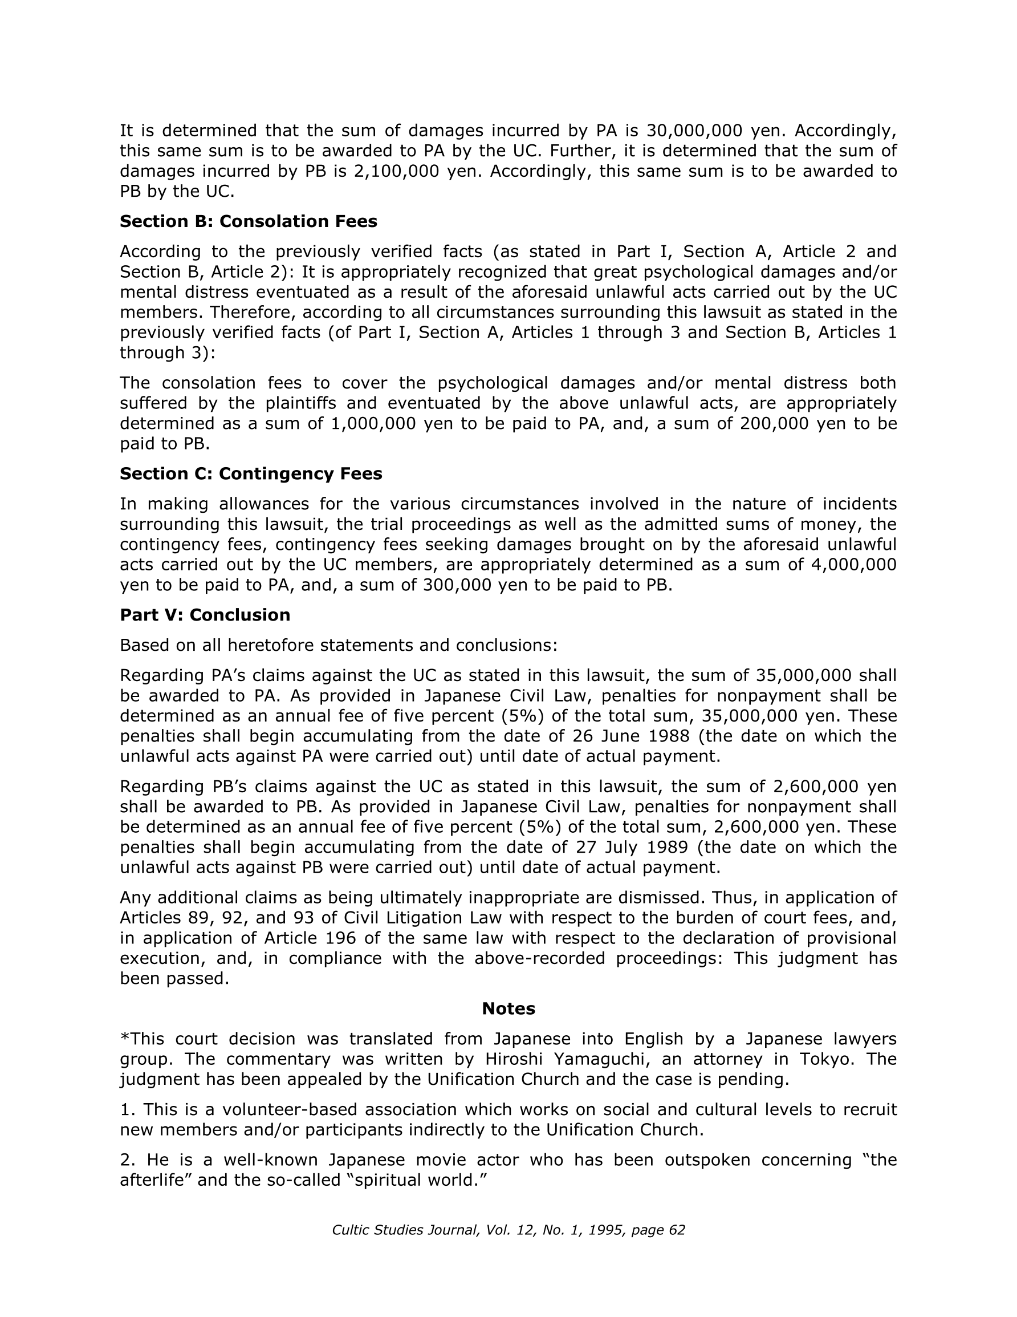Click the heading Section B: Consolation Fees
[249, 221]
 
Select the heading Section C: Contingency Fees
[251, 473]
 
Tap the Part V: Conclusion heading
[205, 614]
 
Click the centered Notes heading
[508, 1008]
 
